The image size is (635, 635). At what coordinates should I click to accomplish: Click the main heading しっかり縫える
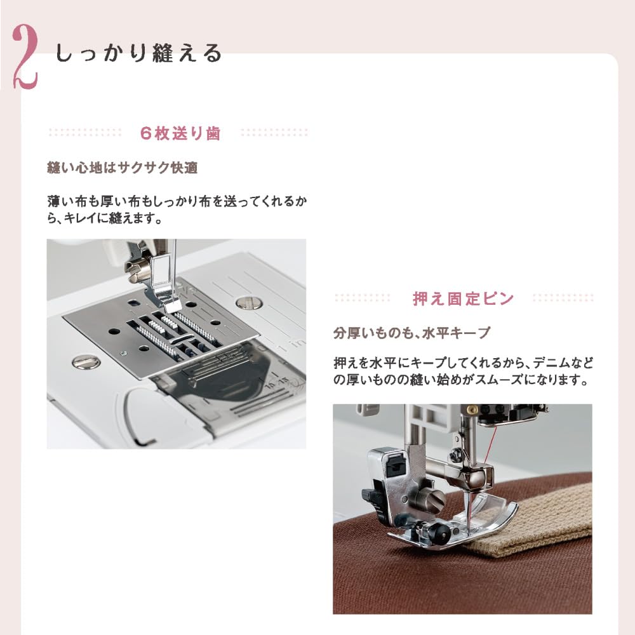click(x=139, y=53)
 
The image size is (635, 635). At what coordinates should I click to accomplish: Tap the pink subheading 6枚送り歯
click(x=180, y=133)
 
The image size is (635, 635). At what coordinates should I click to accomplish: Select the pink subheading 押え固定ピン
click(x=463, y=298)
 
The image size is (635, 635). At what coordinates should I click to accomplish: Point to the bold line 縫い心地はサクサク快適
click(x=123, y=168)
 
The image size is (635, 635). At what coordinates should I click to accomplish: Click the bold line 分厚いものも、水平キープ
click(x=412, y=333)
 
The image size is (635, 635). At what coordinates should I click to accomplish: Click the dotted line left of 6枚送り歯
click(x=85, y=133)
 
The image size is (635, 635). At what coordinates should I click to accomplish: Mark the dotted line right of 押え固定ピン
click(x=563, y=298)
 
